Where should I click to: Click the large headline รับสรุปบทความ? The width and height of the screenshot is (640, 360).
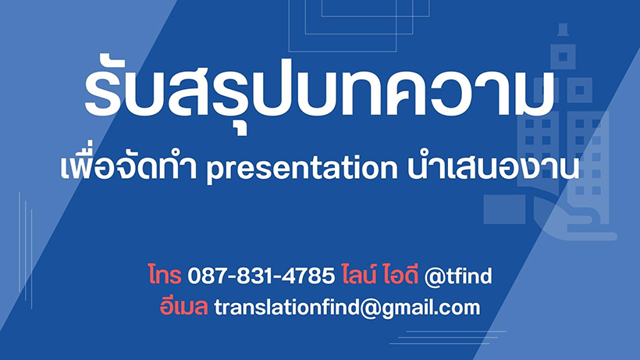point(319,93)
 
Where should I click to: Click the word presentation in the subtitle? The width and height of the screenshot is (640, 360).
point(301,168)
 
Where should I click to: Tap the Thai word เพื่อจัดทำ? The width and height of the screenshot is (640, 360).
point(129,163)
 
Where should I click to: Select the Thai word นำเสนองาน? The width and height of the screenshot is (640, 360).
point(493,166)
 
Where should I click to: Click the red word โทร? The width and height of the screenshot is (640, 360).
point(165,275)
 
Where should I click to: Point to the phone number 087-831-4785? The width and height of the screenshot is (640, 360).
point(261,276)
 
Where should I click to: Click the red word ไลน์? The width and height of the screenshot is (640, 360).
point(359,274)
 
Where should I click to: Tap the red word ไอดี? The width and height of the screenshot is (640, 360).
point(401,274)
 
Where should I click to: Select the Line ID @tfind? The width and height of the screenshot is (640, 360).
point(458,276)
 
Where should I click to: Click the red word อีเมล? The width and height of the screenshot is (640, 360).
point(183,305)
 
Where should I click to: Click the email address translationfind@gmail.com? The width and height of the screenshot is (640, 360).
point(347,308)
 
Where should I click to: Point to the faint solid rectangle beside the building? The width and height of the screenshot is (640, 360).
point(504,209)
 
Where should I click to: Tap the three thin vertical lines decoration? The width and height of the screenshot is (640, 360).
point(25,250)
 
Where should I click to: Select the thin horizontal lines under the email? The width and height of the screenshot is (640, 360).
point(448,337)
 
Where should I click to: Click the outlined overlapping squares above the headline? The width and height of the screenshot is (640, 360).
point(359,26)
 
